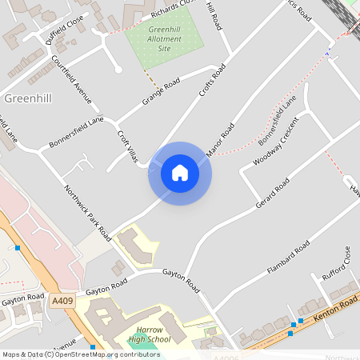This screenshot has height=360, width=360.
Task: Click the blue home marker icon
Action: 180,173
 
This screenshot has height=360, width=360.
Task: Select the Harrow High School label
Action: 150,334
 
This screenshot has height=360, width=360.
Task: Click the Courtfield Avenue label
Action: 72,82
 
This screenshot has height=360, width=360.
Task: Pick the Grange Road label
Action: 161,91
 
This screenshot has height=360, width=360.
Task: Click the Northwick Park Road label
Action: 87,212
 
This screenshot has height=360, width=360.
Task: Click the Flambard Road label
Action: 290,258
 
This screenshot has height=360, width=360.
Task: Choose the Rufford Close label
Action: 337,266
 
